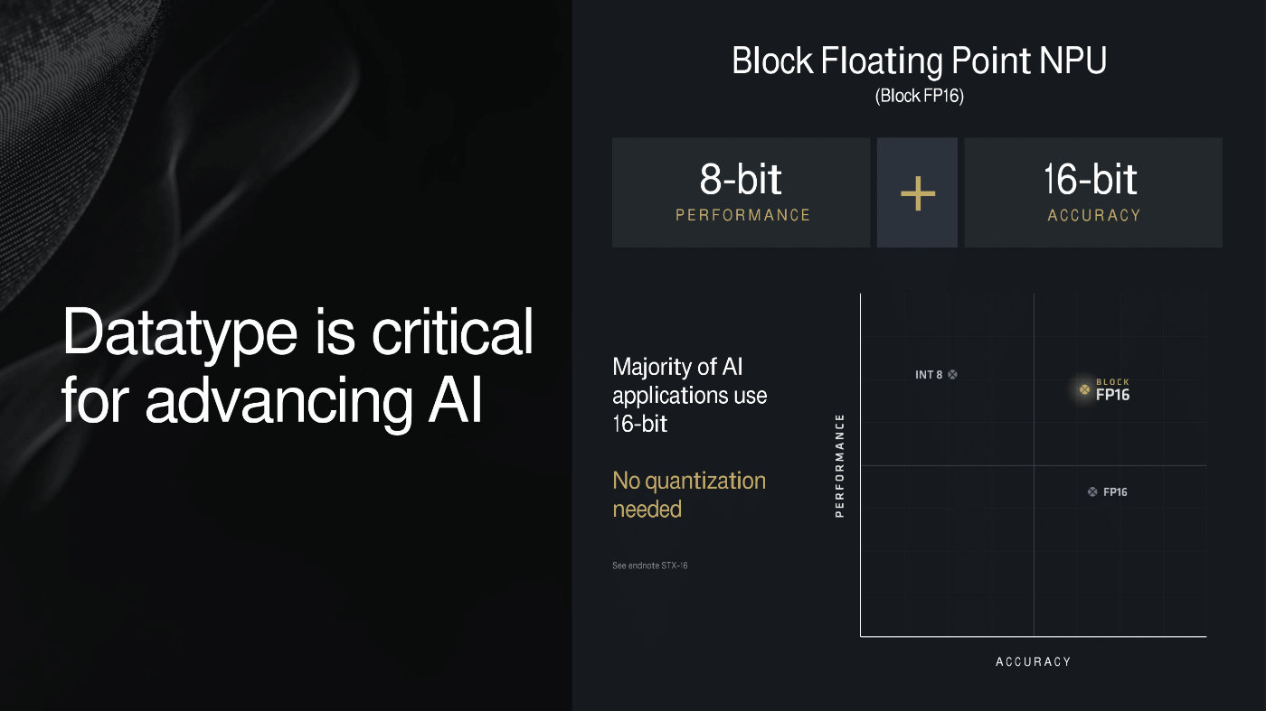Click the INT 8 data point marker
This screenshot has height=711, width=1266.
[x=952, y=374]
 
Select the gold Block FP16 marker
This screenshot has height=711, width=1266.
[x=1084, y=389]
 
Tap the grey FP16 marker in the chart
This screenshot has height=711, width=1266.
[x=1092, y=491]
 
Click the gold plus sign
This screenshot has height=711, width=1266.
[x=917, y=193]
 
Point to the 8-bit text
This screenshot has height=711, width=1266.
[x=741, y=179]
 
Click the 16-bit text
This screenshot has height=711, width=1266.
[x=1091, y=179]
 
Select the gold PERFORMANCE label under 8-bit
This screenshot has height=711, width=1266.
[x=742, y=215]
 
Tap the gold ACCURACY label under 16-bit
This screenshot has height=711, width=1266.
[x=1093, y=215]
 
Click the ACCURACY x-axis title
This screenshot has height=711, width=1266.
[x=1033, y=661]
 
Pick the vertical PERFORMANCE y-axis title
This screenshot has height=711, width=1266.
[x=839, y=465]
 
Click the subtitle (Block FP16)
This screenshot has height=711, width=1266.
[x=920, y=96]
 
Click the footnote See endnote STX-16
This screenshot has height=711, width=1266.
[x=650, y=566]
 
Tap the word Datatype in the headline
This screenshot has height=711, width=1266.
[x=180, y=333]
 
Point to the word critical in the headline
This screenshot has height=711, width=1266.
[x=452, y=332]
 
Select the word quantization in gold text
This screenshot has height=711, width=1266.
[x=705, y=482]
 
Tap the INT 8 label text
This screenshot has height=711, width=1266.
[x=929, y=374]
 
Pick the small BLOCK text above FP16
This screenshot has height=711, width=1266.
[x=1112, y=382]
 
